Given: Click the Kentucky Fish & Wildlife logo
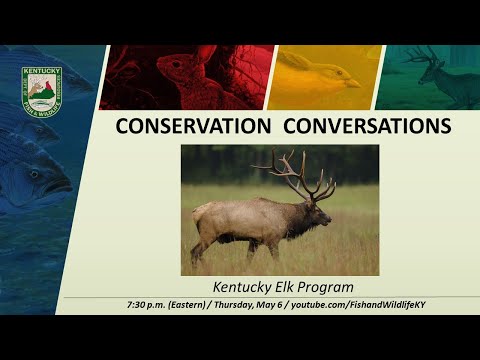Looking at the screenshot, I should pos(42,89).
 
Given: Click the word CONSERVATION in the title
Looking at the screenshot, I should pos(191,126).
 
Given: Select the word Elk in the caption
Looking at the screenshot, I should pos(288,286).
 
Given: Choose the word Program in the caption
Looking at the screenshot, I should pos(328,286).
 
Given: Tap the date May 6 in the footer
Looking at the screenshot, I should pos(310,303).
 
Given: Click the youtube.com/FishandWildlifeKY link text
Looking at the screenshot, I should pos(385,303).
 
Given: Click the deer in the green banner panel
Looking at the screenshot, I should pos(440,75).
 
